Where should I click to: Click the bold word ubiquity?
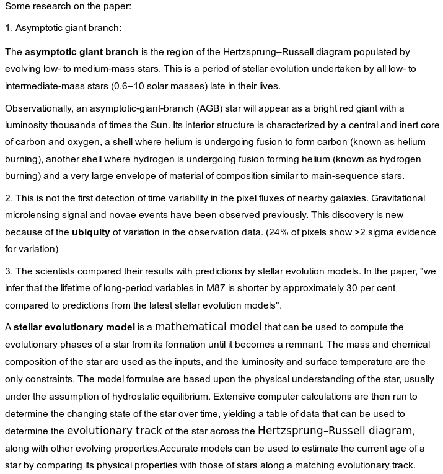[x=91, y=232]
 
